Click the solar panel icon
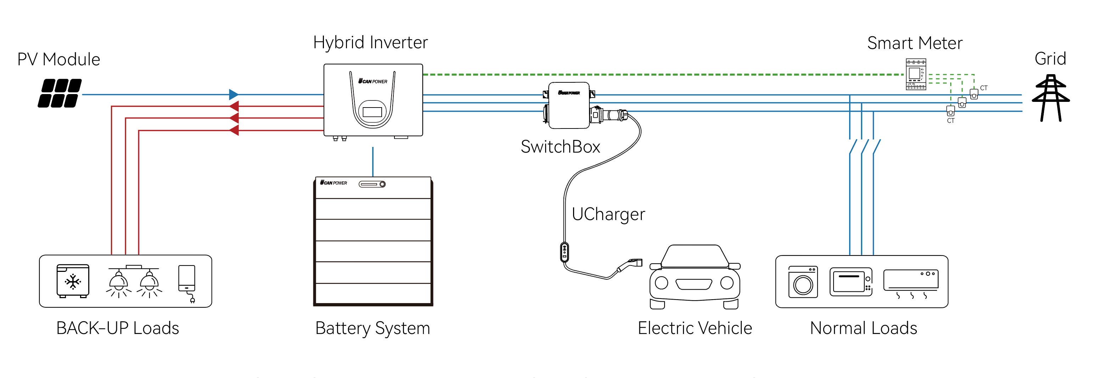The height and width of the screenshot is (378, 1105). [60, 93]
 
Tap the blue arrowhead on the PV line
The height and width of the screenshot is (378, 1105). [233, 94]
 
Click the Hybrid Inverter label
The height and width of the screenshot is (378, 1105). [370, 43]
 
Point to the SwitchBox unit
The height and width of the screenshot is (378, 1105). [569, 106]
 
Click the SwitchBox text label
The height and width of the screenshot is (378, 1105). [560, 147]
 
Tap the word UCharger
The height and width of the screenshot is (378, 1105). [608, 214]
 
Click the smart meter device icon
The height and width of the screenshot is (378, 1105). [915, 74]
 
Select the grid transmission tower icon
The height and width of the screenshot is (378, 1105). [1050, 98]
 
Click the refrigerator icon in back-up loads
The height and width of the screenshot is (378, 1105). [73, 281]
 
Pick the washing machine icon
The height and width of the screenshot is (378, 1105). [803, 282]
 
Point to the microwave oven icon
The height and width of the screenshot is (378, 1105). [851, 282]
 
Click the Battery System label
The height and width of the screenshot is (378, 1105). [372, 328]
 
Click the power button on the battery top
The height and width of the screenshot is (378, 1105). [382, 184]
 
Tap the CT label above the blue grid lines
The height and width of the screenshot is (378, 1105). [983, 88]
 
